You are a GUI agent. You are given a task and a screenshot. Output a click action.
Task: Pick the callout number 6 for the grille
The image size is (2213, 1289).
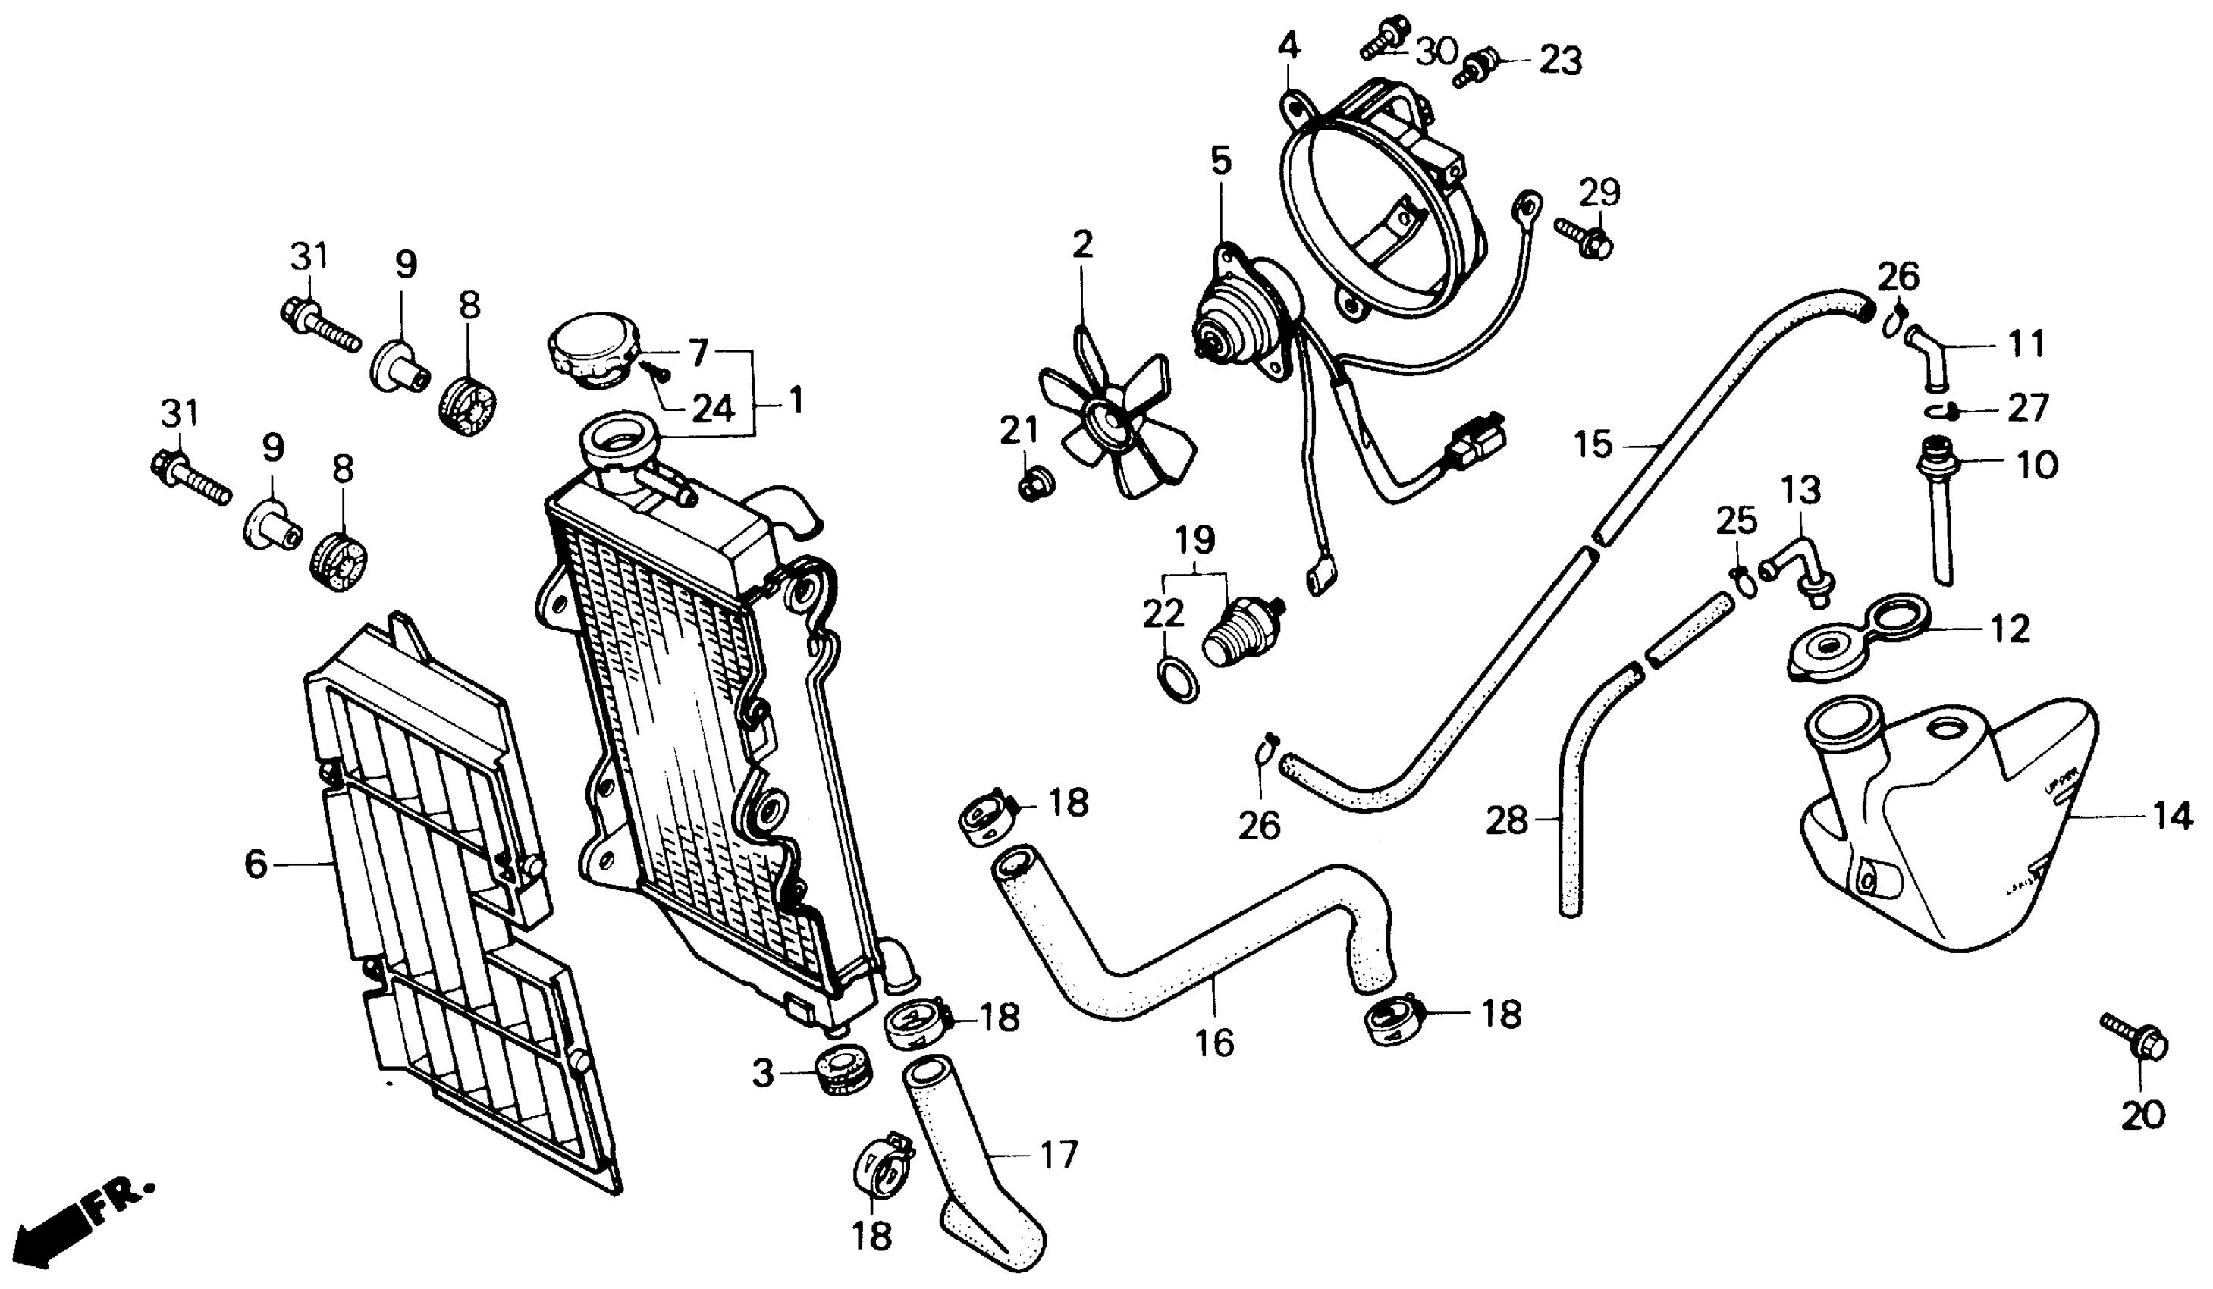tap(256, 864)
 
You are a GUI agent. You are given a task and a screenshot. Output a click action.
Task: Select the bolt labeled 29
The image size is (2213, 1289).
tap(1584, 238)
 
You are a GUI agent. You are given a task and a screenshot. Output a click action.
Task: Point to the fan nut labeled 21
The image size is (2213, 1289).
tap(1034, 483)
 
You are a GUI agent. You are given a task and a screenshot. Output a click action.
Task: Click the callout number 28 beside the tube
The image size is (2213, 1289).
tap(1507, 823)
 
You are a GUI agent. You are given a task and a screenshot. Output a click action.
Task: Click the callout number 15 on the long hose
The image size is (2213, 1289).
tap(1592, 445)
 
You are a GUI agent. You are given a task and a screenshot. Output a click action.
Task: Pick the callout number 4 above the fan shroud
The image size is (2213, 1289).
tap(1289, 45)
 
